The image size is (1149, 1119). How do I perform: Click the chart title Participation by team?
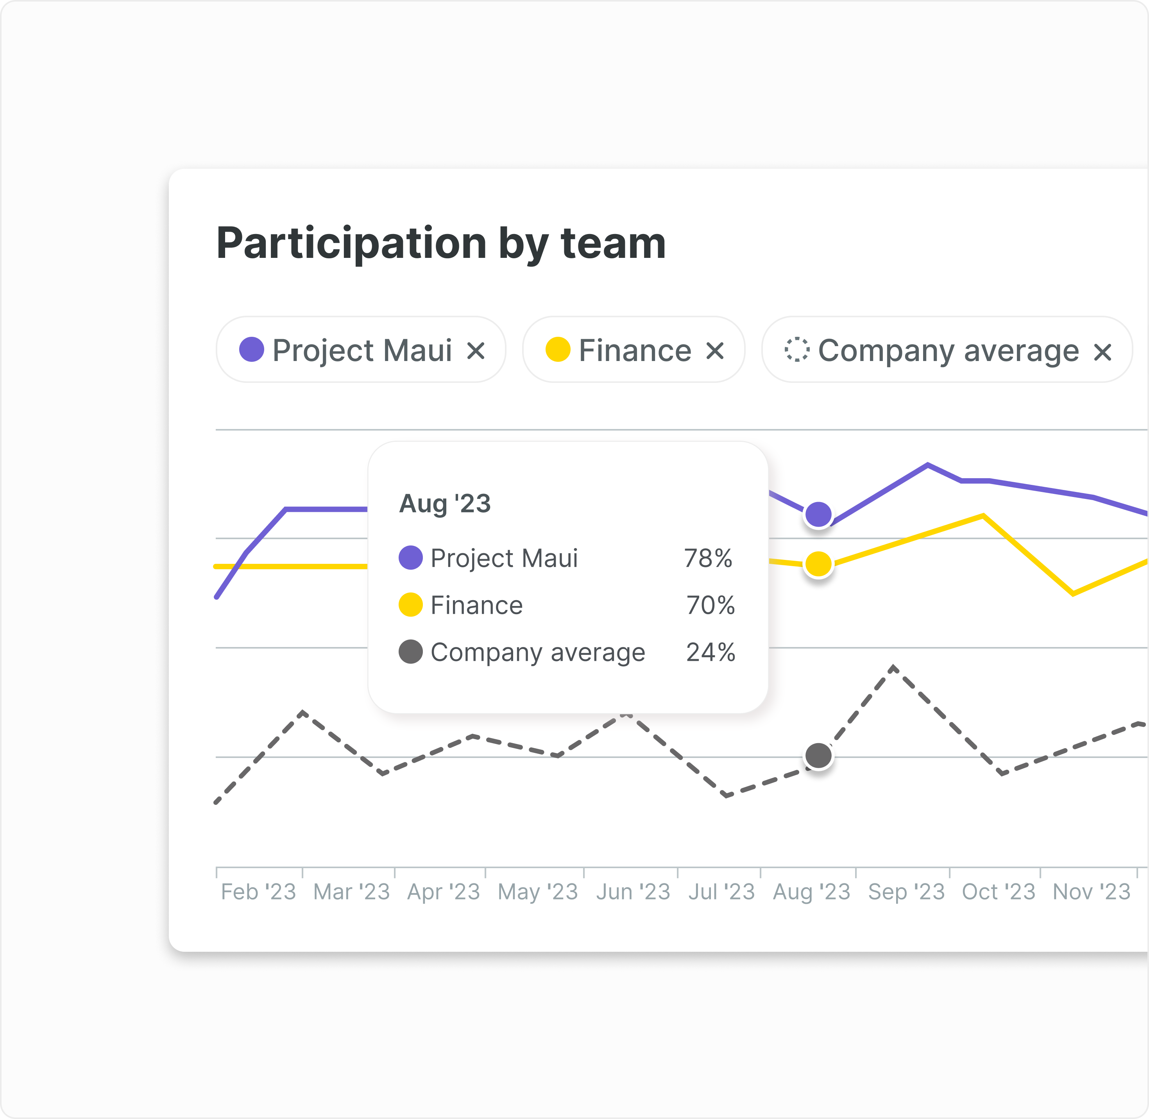click(x=441, y=243)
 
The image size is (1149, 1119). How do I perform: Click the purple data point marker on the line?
click(x=818, y=515)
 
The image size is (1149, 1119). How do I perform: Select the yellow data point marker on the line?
click(x=818, y=564)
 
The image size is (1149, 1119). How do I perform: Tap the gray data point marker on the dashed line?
click(x=818, y=756)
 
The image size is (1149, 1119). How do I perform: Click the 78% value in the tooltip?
click(x=708, y=558)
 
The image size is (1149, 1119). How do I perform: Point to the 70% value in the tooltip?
click(x=710, y=605)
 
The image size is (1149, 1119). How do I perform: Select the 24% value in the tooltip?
click(x=710, y=652)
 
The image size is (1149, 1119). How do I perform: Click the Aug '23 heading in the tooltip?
click(x=445, y=504)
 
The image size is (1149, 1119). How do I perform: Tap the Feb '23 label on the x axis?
click(x=259, y=892)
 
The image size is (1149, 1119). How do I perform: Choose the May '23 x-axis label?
click(x=538, y=892)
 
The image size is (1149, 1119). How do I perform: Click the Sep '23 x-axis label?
click(x=906, y=892)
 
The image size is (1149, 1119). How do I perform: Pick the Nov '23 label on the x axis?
click(x=1092, y=892)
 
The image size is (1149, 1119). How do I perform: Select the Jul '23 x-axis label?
click(x=721, y=892)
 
